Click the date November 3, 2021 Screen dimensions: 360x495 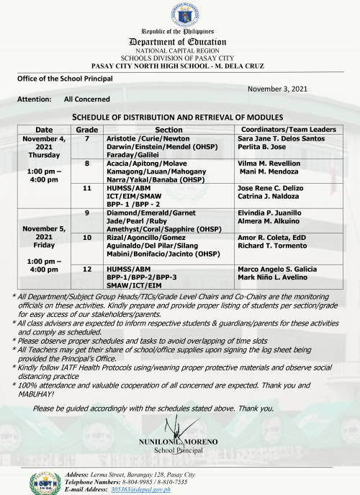(x=277, y=88)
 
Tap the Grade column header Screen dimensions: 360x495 (x=87, y=129)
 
